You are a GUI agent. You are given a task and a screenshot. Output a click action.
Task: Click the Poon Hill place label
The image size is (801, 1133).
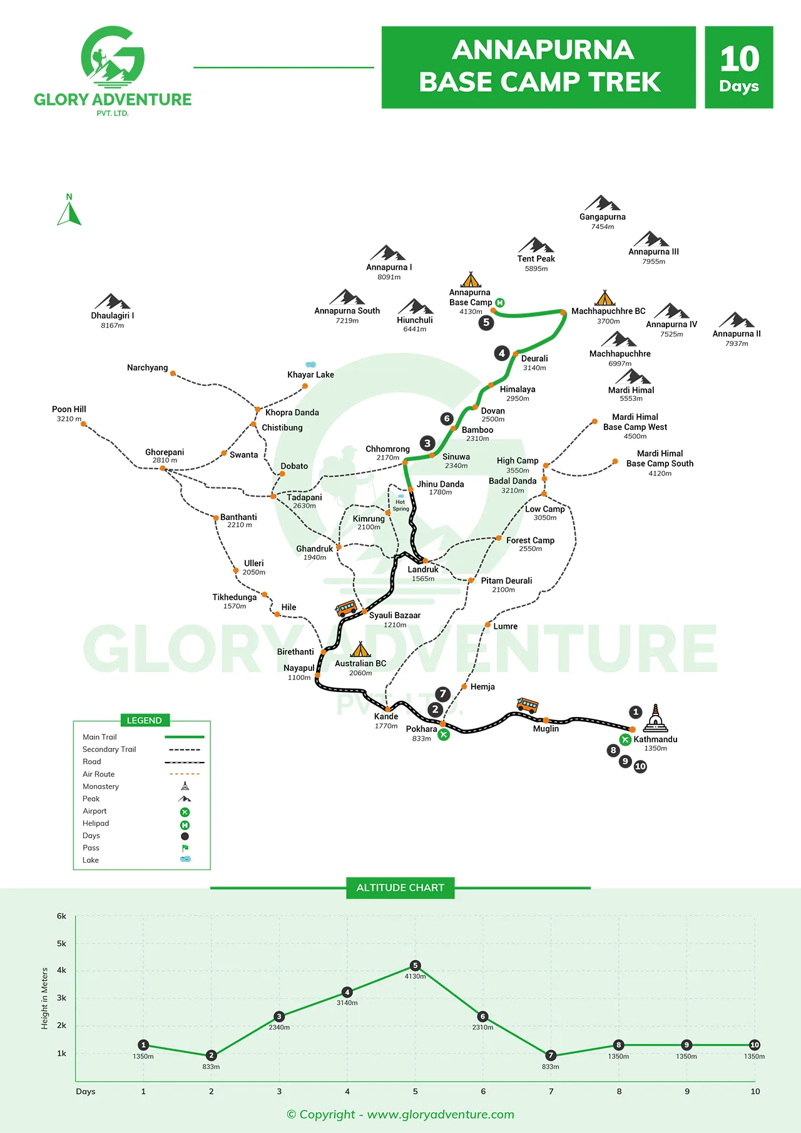69,409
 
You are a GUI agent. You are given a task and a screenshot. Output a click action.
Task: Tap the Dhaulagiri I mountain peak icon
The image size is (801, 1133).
112,302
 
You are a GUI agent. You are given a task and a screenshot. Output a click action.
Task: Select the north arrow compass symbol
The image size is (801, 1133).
69,211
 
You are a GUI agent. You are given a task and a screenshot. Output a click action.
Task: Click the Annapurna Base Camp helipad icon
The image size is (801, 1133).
499,303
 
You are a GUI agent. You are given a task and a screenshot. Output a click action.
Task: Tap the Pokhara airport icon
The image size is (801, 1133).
444,734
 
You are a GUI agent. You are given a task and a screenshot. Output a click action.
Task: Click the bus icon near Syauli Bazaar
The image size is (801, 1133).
345,608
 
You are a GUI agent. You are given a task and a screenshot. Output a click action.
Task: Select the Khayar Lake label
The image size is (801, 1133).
310,375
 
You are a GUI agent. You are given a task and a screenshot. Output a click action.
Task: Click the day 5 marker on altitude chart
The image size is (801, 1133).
415,965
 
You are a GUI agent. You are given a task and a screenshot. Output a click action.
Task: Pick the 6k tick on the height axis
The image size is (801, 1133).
61,916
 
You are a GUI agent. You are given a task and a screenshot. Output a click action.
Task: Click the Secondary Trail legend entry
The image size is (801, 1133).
110,749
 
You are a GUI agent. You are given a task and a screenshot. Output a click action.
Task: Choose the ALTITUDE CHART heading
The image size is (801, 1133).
400,888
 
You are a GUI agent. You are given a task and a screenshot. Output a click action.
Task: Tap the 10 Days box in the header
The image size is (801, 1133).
739,68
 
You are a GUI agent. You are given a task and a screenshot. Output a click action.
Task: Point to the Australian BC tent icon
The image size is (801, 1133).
360,649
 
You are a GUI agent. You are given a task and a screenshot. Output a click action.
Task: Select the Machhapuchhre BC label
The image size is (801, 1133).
608,311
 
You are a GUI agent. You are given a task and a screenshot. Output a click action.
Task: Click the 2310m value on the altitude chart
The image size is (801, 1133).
482,1027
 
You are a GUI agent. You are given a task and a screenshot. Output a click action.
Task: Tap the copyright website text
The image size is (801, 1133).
400,1114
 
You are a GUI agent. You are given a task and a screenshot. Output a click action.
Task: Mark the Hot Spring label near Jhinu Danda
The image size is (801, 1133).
400,505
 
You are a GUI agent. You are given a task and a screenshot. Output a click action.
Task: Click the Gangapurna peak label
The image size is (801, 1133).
602,217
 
